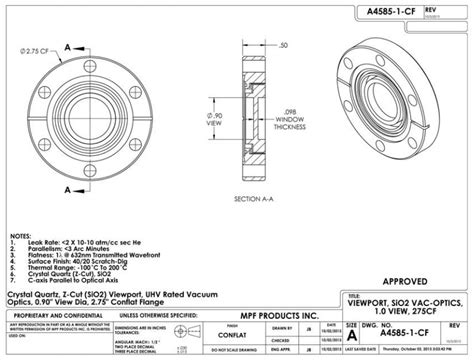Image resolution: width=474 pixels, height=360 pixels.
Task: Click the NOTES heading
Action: [x=20, y=237]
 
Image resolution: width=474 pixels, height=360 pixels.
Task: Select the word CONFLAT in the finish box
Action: [x=241, y=336]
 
